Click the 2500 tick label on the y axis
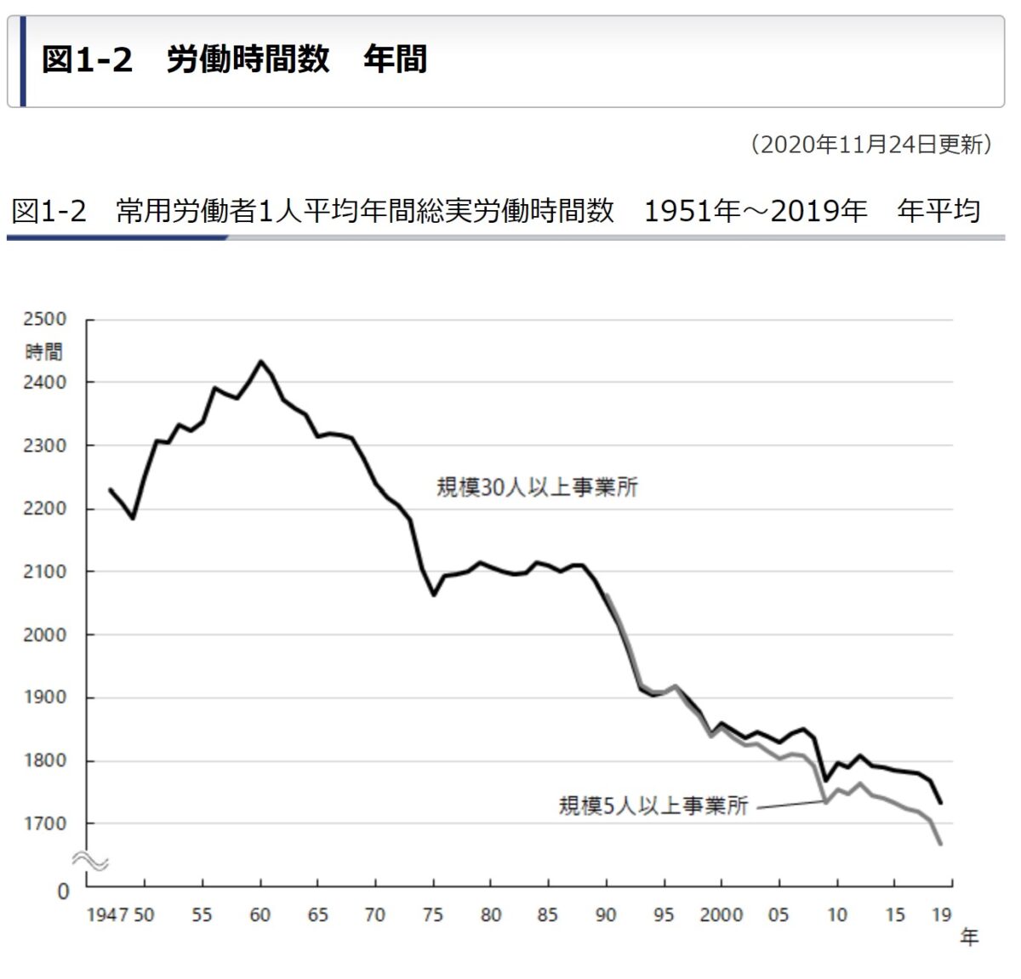coord(44,319)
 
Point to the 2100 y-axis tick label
coord(44,572)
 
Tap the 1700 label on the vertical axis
coord(44,823)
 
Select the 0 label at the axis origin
coord(63,891)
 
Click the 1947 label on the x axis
coord(107,915)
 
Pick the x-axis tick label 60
coord(260,915)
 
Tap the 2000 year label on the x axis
coord(721,915)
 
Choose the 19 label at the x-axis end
coord(941,915)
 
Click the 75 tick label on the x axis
coord(433,915)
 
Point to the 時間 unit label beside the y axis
coord(43,351)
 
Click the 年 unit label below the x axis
coord(969,937)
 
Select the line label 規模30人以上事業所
coord(537,487)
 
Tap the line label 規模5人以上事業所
coord(653,805)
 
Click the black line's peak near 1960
coord(260,361)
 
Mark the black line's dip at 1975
coord(433,595)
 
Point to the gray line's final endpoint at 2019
coord(940,843)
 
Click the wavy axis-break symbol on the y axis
coord(89,861)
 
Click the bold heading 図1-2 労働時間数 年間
coord(234,60)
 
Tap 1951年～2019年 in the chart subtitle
coord(756,211)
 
